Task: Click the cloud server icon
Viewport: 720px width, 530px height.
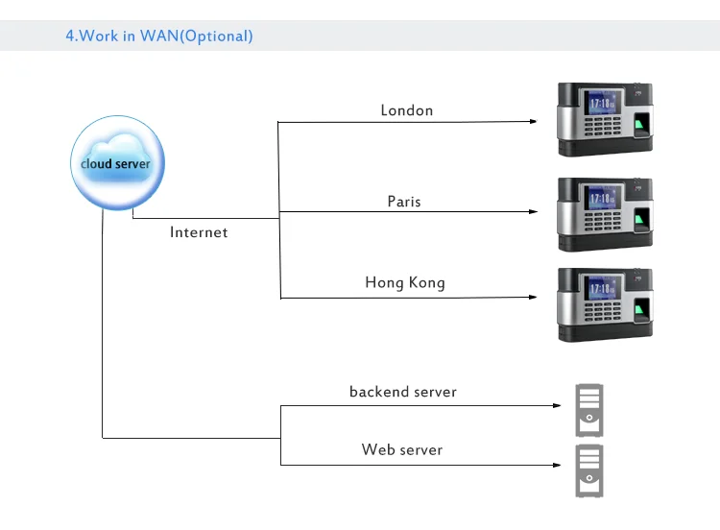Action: (x=114, y=163)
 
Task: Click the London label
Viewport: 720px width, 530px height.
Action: (x=407, y=110)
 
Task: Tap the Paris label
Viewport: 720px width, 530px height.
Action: (x=404, y=202)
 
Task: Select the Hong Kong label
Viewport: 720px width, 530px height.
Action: (x=405, y=283)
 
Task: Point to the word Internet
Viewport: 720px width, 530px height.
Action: (x=199, y=232)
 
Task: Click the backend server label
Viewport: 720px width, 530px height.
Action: (x=403, y=392)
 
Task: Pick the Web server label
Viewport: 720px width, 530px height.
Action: (x=402, y=449)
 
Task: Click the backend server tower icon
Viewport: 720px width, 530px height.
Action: (x=589, y=410)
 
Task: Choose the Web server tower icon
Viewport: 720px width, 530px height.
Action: (x=589, y=470)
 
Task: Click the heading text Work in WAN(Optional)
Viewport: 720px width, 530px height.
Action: (x=159, y=36)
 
